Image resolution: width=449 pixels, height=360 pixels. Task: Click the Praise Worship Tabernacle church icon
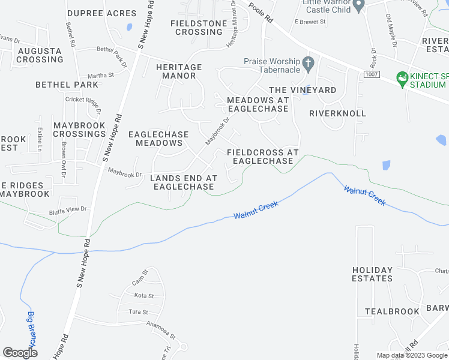(309, 62)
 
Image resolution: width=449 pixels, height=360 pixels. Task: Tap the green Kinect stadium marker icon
(402, 77)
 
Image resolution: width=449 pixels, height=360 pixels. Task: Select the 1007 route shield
(370, 73)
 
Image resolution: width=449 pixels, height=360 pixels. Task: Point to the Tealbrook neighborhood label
(392, 312)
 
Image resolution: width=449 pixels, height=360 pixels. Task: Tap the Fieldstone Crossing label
(199, 28)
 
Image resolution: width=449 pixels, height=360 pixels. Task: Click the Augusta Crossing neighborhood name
(40, 55)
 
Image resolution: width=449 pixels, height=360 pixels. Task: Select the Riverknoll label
(337, 113)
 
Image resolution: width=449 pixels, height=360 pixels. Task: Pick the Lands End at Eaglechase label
(183, 182)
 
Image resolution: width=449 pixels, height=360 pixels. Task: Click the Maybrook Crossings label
(80, 129)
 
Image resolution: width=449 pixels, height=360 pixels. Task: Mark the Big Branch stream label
(32, 328)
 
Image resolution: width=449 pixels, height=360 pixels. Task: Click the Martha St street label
(100, 76)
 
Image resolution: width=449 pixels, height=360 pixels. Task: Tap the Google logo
(20, 353)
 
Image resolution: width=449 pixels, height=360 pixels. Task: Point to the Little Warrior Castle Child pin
(359, 7)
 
